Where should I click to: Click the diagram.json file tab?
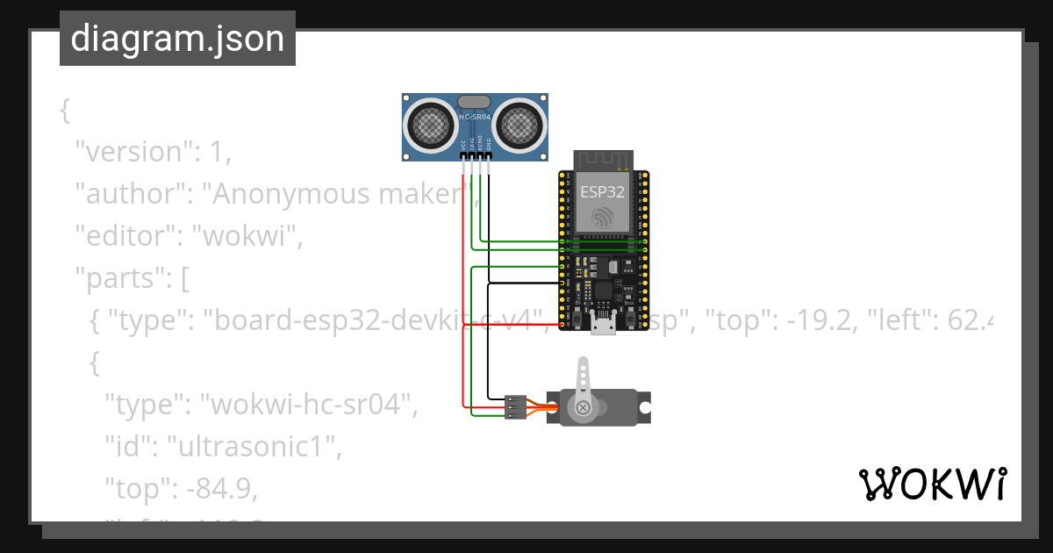coord(177,39)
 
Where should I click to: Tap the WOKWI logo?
coord(931,484)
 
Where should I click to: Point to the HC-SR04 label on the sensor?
coord(475,117)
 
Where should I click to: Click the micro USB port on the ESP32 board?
coord(602,326)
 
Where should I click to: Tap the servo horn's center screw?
coord(582,406)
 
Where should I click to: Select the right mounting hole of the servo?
coord(645,408)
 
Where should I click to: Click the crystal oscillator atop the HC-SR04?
coord(475,102)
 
